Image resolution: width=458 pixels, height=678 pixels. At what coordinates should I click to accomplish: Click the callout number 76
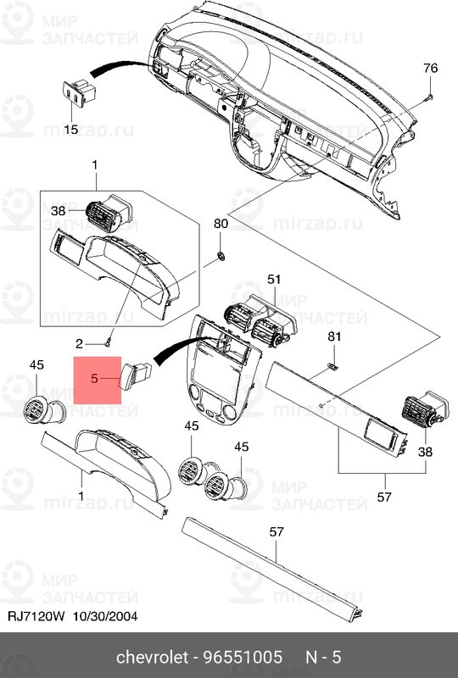430,68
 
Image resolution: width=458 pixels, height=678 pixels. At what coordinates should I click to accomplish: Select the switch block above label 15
78,92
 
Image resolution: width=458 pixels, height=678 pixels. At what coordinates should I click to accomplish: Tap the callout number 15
71,129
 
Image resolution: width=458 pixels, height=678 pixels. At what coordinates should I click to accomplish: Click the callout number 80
221,224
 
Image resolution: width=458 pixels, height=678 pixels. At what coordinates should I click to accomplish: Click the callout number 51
273,279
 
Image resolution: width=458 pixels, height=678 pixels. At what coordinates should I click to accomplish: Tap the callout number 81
334,337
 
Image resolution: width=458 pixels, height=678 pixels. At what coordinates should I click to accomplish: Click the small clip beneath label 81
333,367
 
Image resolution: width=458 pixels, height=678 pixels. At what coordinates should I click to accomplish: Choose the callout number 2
80,343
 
